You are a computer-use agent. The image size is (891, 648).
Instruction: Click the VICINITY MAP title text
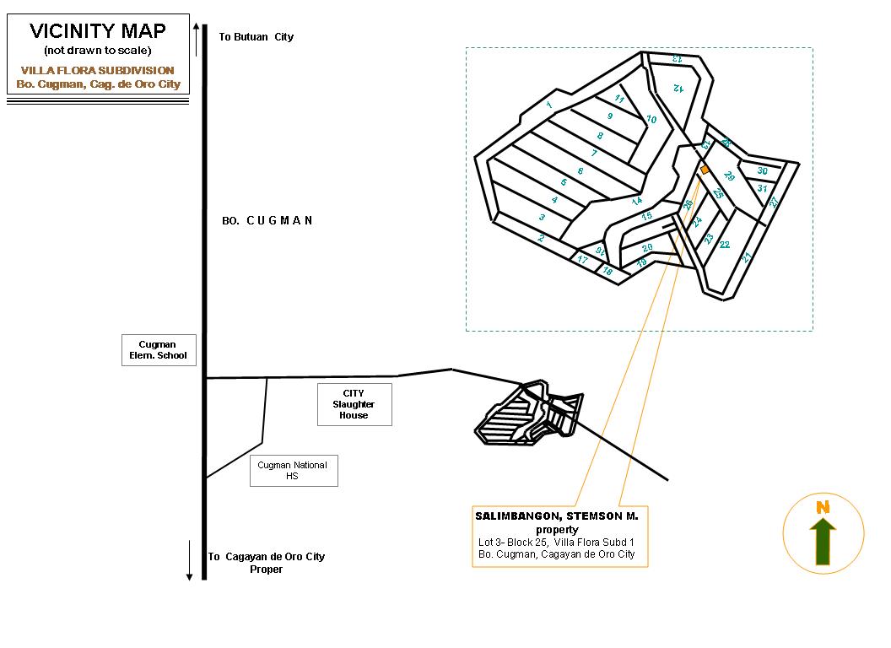[x=98, y=32]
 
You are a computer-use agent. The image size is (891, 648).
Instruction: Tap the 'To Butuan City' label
[x=256, y=37]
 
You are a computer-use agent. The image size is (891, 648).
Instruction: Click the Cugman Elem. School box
[x=159, y=350]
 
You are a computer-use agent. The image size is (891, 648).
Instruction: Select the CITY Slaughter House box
[x=354, y=404]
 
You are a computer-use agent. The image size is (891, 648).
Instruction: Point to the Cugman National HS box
[x=293, y=471]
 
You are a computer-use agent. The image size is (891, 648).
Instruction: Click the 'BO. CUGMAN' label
[x=267, y=221]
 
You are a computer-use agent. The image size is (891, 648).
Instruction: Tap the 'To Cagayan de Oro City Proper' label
[x=267, y=563]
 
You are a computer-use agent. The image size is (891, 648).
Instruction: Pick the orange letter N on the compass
[x=823, y=508]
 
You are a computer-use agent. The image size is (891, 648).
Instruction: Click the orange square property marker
[x=705, y=170]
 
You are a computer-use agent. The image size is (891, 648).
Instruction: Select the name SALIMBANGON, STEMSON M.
[x=557, y=516]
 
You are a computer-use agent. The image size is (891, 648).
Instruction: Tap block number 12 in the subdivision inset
[x=677, y=87]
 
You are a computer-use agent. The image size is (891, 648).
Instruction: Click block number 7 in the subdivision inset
[x=594, y=154]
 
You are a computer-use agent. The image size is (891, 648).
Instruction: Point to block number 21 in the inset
[x=747, y=257]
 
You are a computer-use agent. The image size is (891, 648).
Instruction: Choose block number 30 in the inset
[x=762, y=171]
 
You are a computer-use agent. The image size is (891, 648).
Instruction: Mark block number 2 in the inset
[x=541, y=238]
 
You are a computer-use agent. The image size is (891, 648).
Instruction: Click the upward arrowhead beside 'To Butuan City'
[x=196, y=27]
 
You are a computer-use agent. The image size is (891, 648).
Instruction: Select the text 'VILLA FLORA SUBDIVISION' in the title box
[x=98, y=71]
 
